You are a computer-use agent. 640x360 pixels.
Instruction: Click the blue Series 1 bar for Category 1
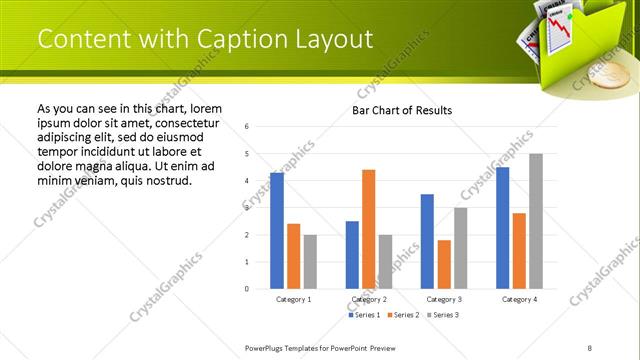click(277, 231)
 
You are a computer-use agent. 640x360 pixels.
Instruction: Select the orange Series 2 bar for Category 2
click(368, 229)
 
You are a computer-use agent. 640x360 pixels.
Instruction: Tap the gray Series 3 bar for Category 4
click(536, 221)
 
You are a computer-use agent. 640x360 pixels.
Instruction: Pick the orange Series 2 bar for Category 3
click(444, 264)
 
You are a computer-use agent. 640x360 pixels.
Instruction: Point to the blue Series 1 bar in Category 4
click(502, 228)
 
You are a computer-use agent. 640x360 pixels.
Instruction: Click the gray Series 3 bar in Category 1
click(310, 262)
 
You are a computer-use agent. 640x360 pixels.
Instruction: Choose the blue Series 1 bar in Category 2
click(352, 255)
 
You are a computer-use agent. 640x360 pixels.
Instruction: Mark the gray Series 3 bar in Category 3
click(460, 248)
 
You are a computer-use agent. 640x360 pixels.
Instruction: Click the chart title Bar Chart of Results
click(402, 110)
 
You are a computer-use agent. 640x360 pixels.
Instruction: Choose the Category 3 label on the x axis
click(444, 299)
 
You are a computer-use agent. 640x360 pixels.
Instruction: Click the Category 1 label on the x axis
click(294, 299)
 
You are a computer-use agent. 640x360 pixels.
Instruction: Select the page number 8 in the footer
click(590, 347)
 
